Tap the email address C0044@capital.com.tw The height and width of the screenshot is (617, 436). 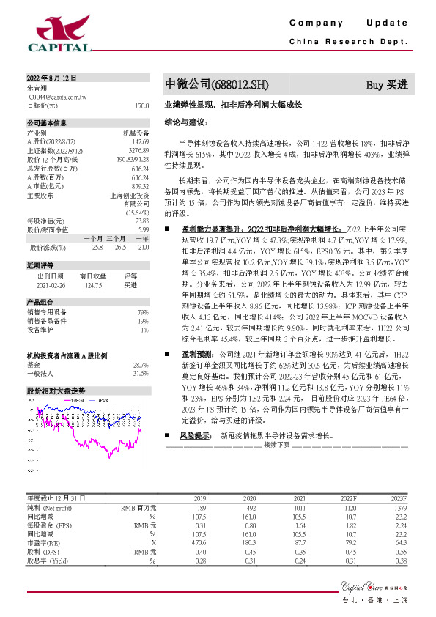click(53, 95)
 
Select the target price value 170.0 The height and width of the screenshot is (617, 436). click(141, 105)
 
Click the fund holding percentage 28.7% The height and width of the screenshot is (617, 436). click(140, 364)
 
